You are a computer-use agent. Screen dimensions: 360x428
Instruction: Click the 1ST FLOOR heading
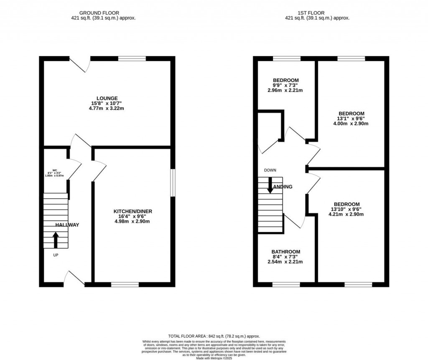[x=317, y=13]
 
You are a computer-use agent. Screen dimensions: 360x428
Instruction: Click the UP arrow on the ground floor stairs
[x=55, y=240]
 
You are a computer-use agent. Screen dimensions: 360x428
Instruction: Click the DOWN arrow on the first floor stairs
[x=270, y=185]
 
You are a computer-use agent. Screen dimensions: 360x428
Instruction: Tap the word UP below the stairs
[x=56, y=255]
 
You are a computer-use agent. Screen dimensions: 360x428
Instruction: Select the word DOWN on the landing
[x=270, y=170]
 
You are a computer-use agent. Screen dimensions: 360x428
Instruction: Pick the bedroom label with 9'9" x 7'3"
[x=286, y=80]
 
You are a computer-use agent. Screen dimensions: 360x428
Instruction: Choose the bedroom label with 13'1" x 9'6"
[x=351, y=113]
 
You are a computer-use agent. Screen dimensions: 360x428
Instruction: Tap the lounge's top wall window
[x=132, y=59]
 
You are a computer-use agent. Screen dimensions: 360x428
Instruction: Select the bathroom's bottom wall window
[x=286, y=285]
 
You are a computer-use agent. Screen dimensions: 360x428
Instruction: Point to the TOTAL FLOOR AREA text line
[x=214, y=336]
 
